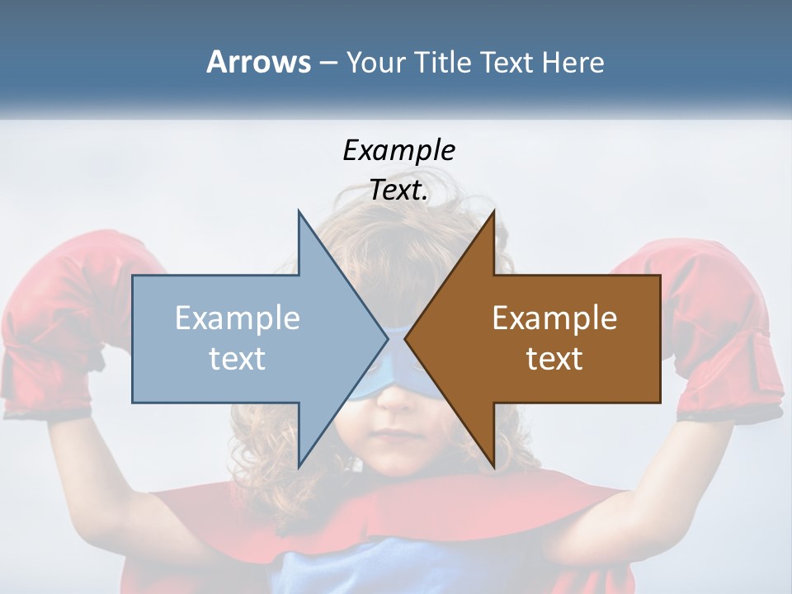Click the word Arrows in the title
[258, 62]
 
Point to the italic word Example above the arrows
[398, 150]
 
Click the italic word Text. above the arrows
[398, 191]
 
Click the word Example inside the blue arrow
[238, 318]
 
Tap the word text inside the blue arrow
[238, 359]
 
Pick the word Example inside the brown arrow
[554, 318]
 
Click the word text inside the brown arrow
[554, 359]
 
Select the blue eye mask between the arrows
[397, 363]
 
